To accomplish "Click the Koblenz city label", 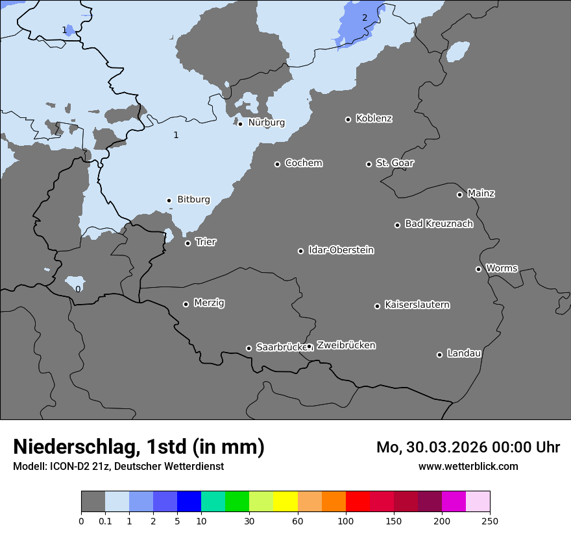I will pyautogui.click(x=374, y=119).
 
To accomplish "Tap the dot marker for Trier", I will pyautogui.click(x=188, y=243).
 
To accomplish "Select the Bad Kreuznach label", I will pyautogui.click(x=439, y=224).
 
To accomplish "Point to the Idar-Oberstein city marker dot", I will pyautogui.click(x=300, y=251).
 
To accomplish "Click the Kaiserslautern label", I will pyautogui.click(x=417, y=305).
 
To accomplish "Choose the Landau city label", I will pyautogui.click(x=464, y=353).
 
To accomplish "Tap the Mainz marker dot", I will pyautogui.click(x=459, y=194).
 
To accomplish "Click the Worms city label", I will pyautogui.click(x=502, y=268).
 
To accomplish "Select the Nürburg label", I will pyautogui.click(x=266, y=123).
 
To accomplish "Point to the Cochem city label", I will pyautogui.click(x=303, y=163).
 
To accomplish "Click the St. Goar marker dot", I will pyautogui.click(x=369, y=164).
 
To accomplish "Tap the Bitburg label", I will pyautogui.click(x=193, y=200).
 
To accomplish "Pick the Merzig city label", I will pyautogui.click(x=209, y=303).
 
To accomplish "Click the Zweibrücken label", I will pyautogui.click(x=346, y=345).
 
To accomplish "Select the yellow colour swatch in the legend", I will pyautogui.click(x=285, y=502).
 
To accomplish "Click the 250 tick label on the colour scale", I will pyautogui.click(x=489, y=520).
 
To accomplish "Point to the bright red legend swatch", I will pyautogui.click(x=358, y=502).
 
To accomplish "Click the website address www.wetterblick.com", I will pyautogui.click(x=468, y=466).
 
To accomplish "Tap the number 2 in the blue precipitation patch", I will pyautogui.click(x=365, y=18).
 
